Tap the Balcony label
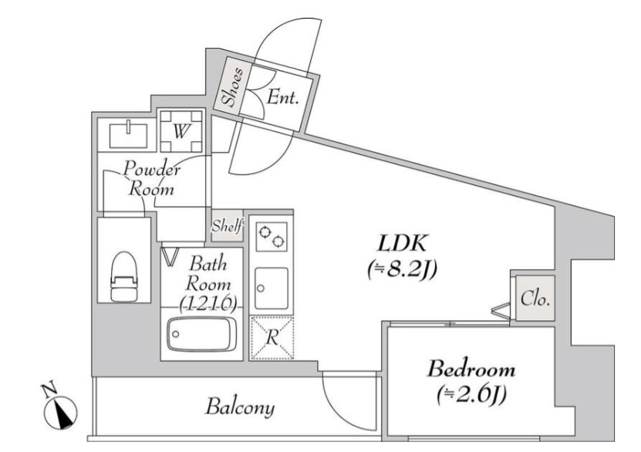(239, 406)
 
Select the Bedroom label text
(471, 369)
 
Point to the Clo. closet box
(535, 299)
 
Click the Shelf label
(228, 227)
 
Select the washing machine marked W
(180, 131)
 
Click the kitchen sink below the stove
(272, 286)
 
